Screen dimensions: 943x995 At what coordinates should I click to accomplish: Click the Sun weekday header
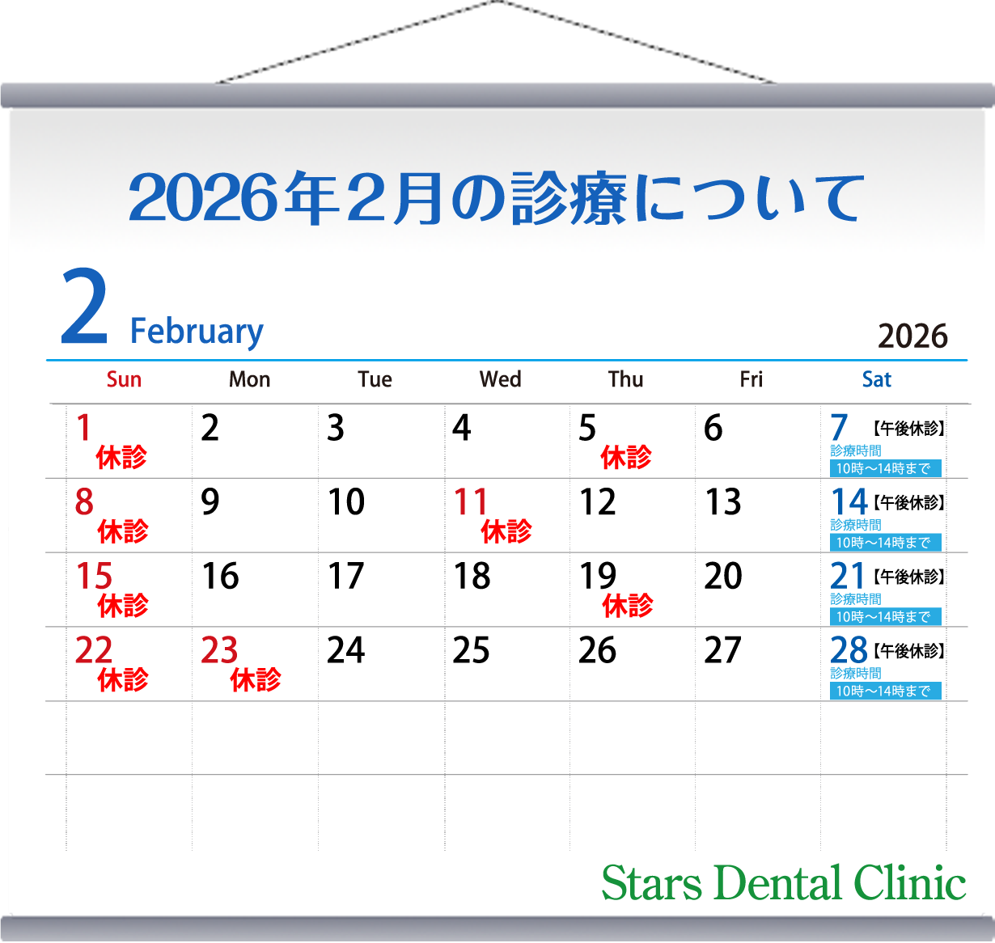tap(124, 379)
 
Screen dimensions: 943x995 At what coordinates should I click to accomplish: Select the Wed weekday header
tap(500, 379)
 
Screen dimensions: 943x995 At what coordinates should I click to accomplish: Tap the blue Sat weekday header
tap(876, 379)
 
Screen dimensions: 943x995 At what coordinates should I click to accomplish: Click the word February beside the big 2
tap(197, 332)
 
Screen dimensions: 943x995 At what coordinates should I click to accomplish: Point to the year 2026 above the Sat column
tap(912, 336)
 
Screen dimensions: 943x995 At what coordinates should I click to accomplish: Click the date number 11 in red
tap(471, 502)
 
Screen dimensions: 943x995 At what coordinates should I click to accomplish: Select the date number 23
tap(219, 650)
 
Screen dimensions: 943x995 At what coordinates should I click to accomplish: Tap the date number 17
tap(345, 577)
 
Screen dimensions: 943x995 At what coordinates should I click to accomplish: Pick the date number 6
tap(713, 428)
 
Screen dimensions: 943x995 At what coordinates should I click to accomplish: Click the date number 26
tap(597, 650)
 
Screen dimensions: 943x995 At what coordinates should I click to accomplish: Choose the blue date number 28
tap(849, 650)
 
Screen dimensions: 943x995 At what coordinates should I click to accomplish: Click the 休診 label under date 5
tap(625, 458)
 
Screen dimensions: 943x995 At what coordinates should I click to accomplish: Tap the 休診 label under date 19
tap(628, 606)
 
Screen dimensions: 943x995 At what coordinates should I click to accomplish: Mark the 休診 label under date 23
tap(256, 680)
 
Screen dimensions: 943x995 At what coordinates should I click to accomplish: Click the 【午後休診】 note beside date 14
tap(909, 503)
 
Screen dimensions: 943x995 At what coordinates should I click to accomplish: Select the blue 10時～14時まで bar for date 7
tap(885, 468)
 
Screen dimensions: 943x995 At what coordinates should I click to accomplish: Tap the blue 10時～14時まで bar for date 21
tap(885, 617)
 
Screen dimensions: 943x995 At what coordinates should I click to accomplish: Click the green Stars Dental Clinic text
tap(783, 882)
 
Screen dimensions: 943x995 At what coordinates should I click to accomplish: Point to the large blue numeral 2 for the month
tap(84, 308)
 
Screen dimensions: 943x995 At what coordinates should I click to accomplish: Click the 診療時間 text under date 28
tap(856, 673)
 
